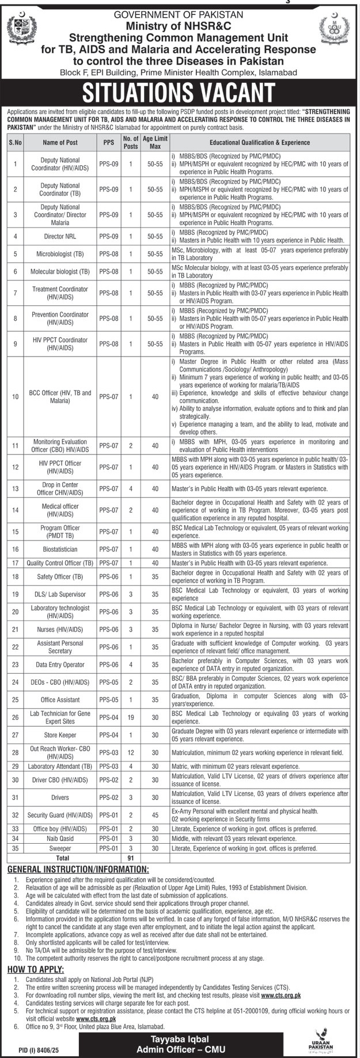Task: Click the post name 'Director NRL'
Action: [x=60, y=236]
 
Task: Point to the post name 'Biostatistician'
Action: [x=60, y=549]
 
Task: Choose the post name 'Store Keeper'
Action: [x=60, y=735]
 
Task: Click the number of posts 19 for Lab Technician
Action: [x=131, y=717]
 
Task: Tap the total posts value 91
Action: [x=131, y=858]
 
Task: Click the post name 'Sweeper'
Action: [x=60, y=848]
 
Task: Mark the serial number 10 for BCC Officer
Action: [x=16, y=396]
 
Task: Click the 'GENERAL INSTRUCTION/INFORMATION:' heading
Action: [x=78, y=869]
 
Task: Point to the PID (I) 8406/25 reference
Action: [x=28, y=1051]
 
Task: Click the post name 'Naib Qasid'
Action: [x=60, y=839]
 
